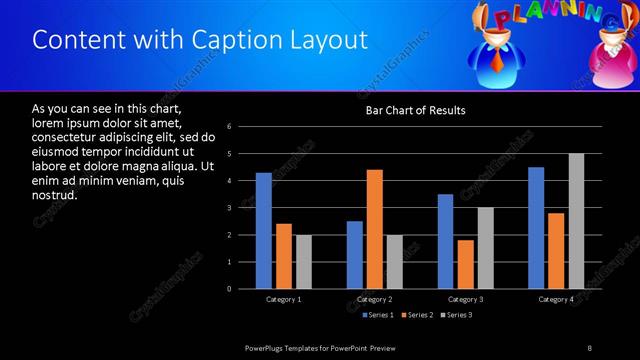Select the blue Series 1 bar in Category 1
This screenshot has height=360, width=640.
click(x=263, y=230)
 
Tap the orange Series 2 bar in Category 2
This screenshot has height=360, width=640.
click(x=375, y=229)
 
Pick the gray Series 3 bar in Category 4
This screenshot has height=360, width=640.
click(x=577, y=221)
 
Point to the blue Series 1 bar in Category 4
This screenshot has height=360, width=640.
click(x=536, y=228)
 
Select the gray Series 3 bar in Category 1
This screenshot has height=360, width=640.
click(x=303, y=262)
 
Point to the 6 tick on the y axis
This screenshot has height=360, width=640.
click(x=230, y=127)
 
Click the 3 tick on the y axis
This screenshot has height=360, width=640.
click(x=230, y=208)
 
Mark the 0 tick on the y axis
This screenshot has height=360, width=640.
click(x=230, y=289)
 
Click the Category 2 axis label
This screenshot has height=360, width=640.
click(x=374, y=299)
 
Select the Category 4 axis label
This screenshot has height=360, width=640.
click(x=557, y=299)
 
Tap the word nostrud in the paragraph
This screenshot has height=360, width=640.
click(x=55, y=195)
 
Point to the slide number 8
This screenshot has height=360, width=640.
click(x=590, y=347)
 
